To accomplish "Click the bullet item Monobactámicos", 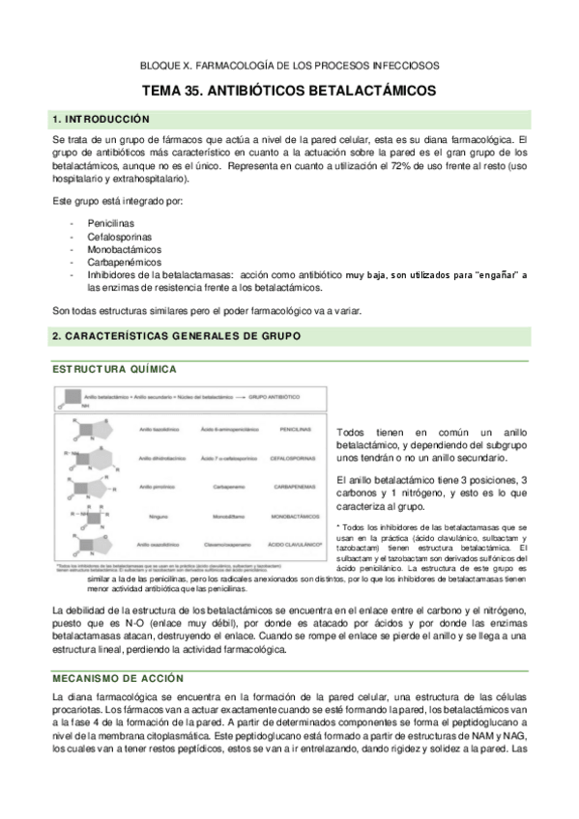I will coord(123,248).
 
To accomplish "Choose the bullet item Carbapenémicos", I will coord(122,261).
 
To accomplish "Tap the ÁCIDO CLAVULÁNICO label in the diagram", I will coord(297,545).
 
